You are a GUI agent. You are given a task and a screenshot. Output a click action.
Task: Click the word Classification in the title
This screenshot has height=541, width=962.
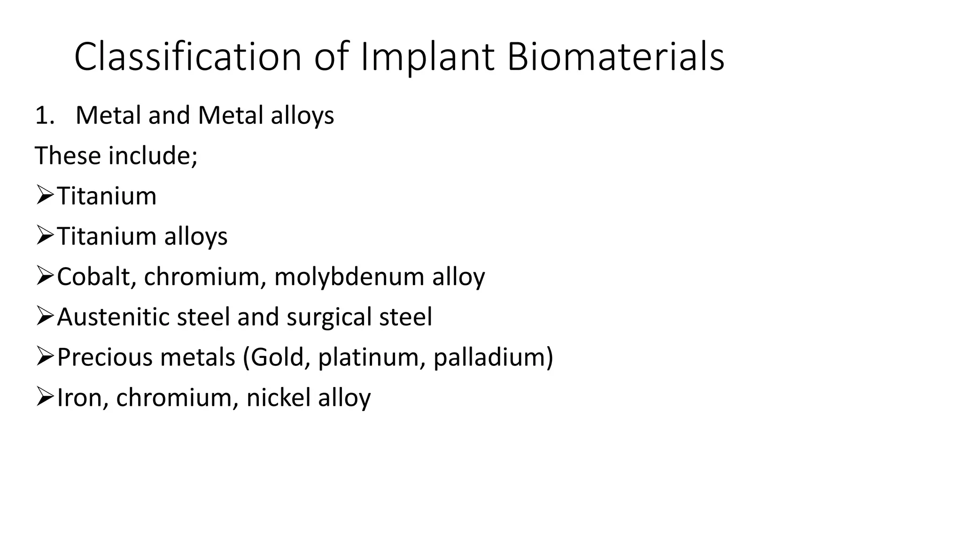(x=187, y=57)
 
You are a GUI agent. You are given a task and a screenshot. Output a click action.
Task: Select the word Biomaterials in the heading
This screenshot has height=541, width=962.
(x=615, y=57)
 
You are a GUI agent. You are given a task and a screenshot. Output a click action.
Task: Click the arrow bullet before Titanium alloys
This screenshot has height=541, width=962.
(x=45, y=236)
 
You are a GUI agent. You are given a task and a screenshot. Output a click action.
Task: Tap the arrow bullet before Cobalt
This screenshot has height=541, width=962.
(x=45, y=276)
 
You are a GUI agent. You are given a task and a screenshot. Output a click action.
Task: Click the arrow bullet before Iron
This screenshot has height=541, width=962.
(x=45, y=397)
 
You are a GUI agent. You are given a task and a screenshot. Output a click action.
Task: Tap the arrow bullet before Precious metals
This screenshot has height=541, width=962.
(x=45, y=357)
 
